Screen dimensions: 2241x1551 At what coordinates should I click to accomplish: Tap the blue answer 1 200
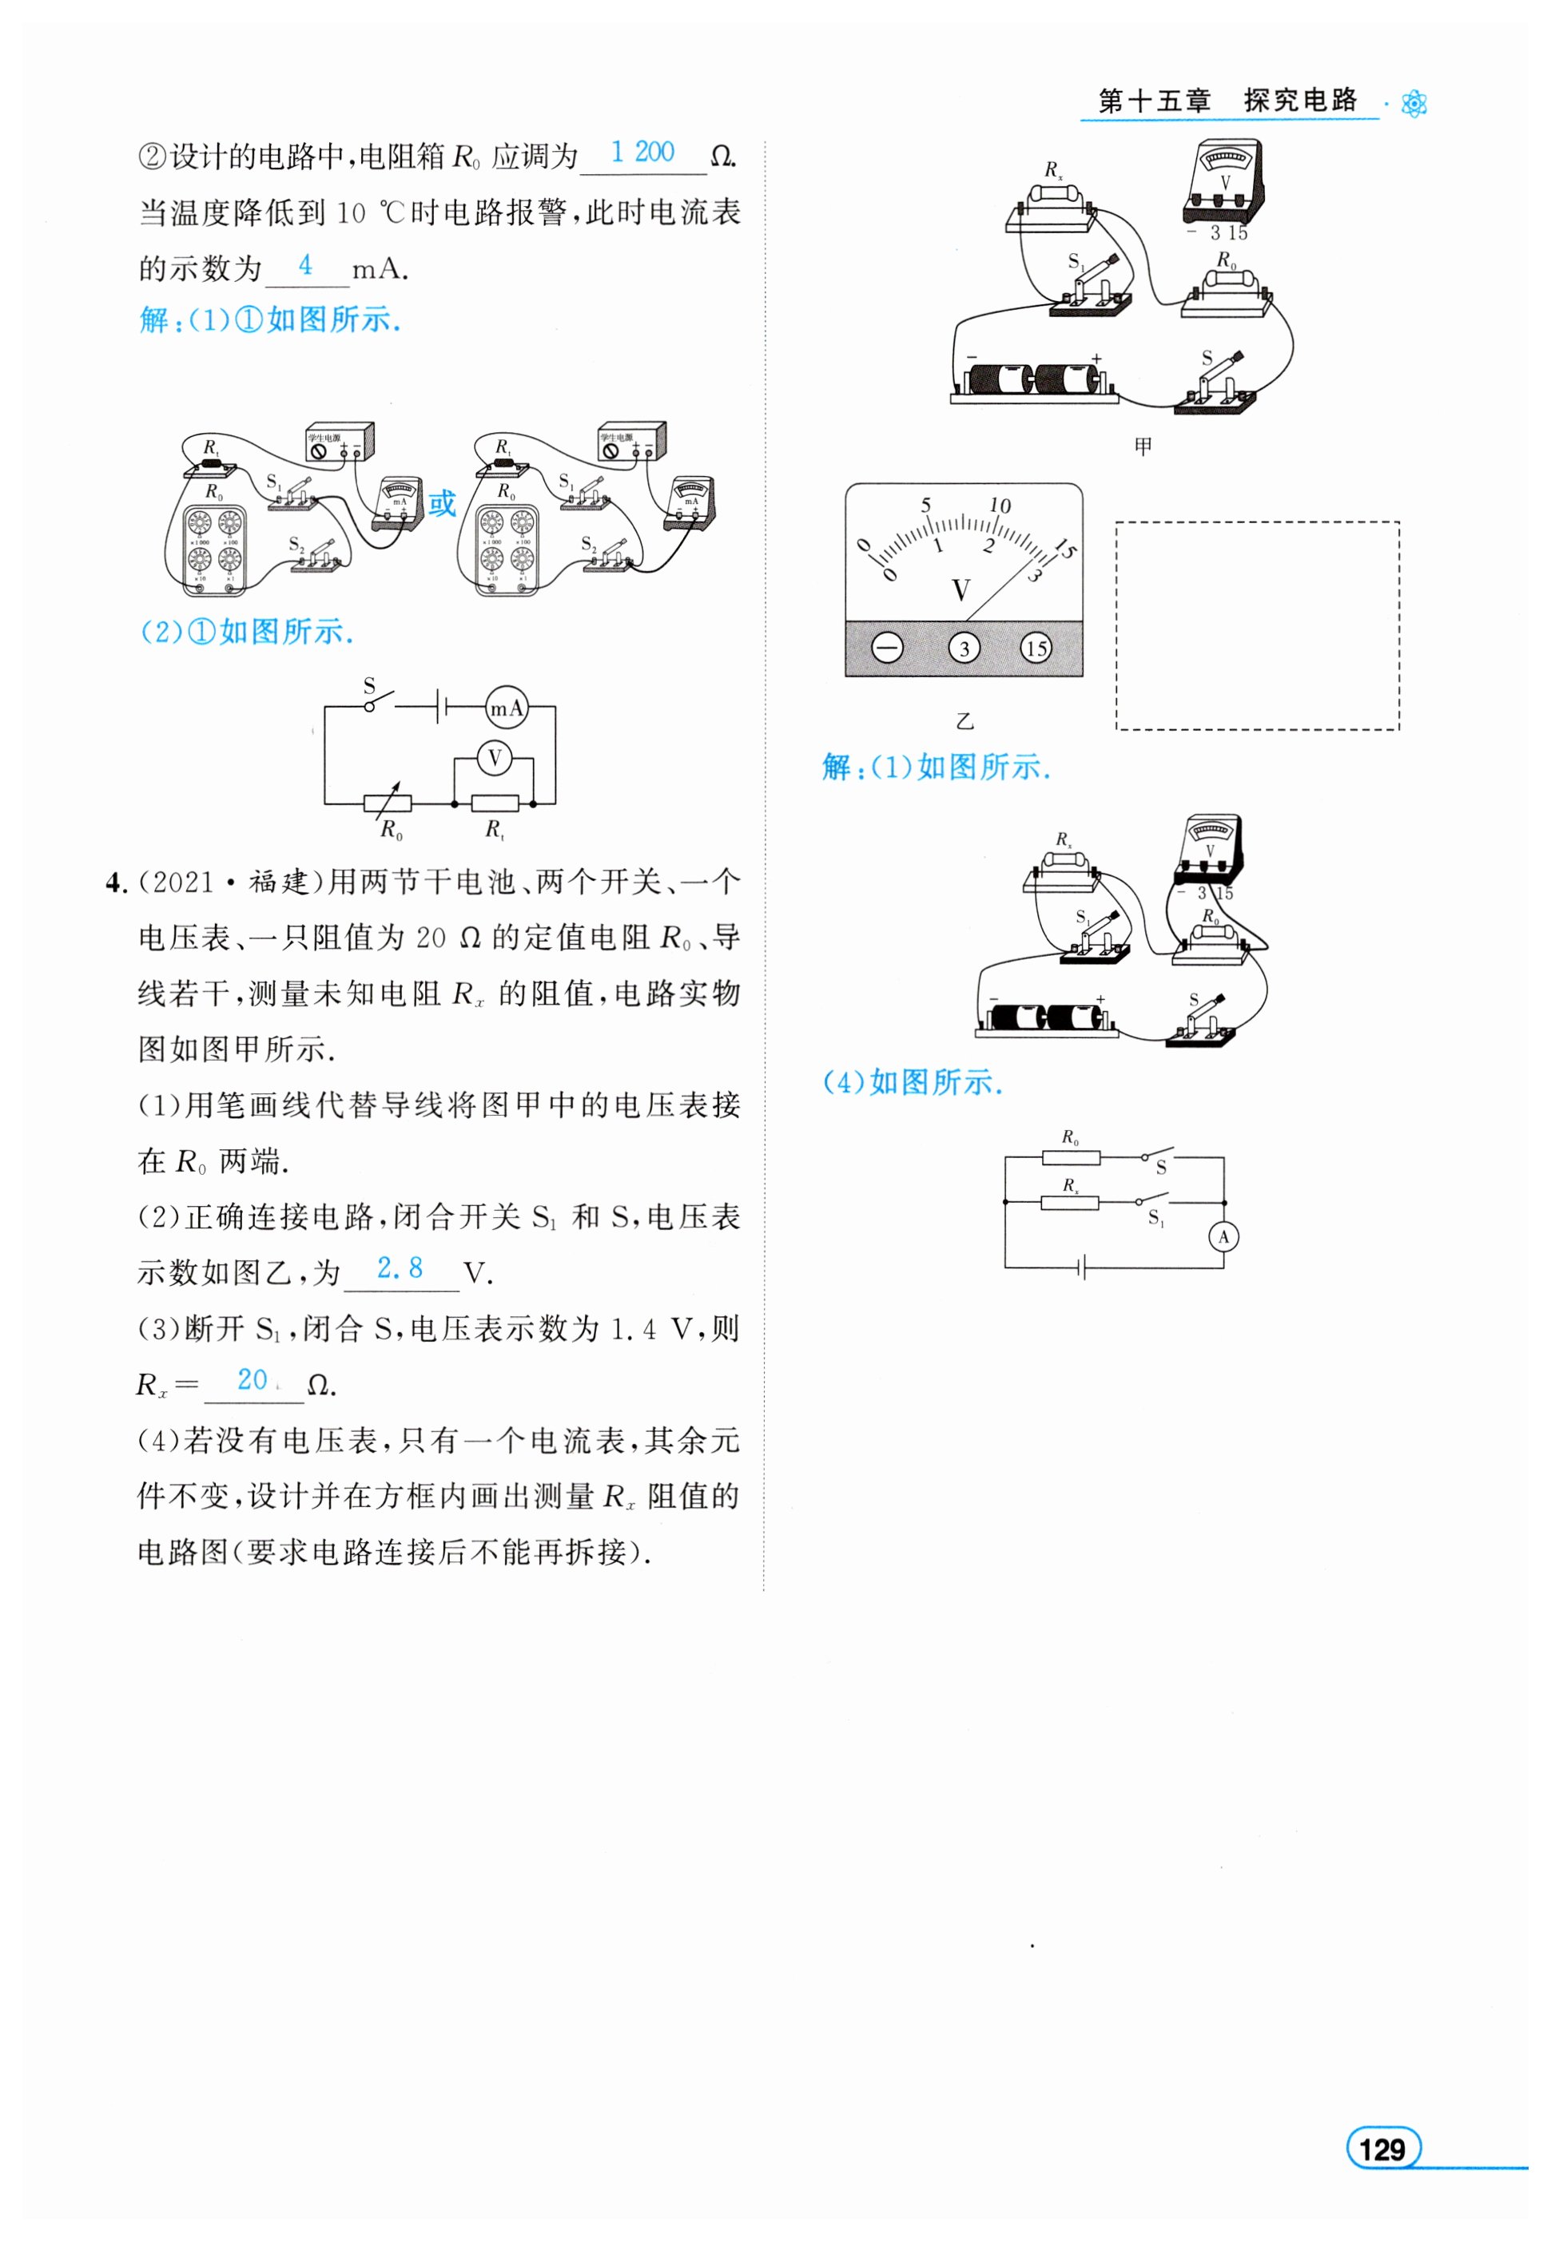pyautogui.click(x=642, y=152)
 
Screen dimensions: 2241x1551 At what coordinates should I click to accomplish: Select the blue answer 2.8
pyautogui.click(x=400, y=1267)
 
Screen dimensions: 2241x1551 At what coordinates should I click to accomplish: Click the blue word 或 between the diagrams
pyautogui.click(x=442, y=503)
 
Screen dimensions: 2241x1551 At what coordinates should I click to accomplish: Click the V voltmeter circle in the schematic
pyautogui.click(x=495, y=758)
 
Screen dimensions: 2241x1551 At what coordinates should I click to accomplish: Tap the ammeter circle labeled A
pyautogui.click(x=1223, y=1236)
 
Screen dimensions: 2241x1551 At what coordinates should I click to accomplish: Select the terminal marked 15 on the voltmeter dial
pyautogui.click(x=1036, y=648)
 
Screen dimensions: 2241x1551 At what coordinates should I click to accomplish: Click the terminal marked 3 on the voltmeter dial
pyautogui.click(x=964, y=648)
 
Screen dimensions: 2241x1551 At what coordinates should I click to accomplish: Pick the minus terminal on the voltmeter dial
pyautogui.click(x=886, y=648)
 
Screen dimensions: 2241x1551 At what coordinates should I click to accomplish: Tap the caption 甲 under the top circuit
pyautogui.click(x=1143, y=446)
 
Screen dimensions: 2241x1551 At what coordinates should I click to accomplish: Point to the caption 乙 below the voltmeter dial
pyautogui.click(x=964, y=720)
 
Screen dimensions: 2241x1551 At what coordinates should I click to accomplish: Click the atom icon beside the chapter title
pyautogui.click(x=1415, y=103)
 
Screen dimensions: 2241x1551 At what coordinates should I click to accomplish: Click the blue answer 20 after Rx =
pyautogui.click(x=253, y=1379)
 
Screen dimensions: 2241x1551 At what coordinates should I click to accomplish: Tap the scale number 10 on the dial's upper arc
pyautogui.click(x=1000, y=505)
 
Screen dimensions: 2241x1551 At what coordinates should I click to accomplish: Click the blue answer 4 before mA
pyautogui.click(x=305, y=264)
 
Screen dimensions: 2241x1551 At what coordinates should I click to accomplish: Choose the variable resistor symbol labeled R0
pyautogui.click(x=388, y=803)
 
